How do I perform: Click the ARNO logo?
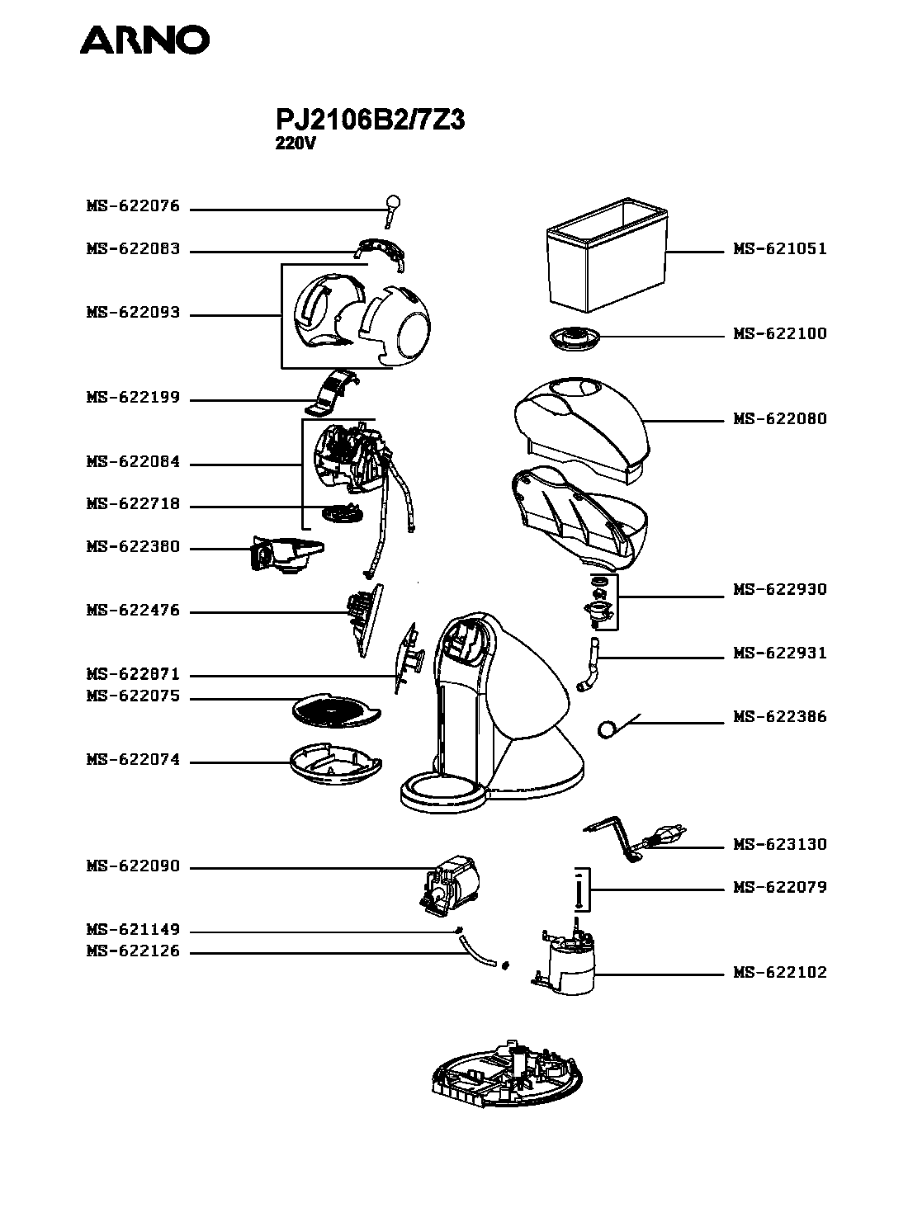pyautogui.click(x=144, y=40)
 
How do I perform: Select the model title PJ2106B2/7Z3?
pyautogui.click(x=370, y=119)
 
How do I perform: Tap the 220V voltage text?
pyautogui.click(x=296, y=144)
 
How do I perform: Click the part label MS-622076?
pyautogui.click(x=134, y=206)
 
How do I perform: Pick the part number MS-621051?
pyautogui.click(x=780, y=248)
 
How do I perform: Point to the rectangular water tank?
pyautogui.click(x=607, y=254)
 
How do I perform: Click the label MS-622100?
pyautogui.click(x=780, y=333)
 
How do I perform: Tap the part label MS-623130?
pyautogui.click(x=780, y=844)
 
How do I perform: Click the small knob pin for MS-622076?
pyautogui.click(x=392, y=210)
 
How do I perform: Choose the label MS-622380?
pyautogui.click(x=134, y=546)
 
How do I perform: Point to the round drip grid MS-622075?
pyautogui.click(x=336, y=711)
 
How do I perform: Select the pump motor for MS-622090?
pyautogui.click(x=449, y=885)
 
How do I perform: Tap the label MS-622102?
pyautogui.click(x=780, y=972)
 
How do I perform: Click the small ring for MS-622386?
pyautogui.click(x=606, y=730)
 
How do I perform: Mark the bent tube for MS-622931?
pyautogui.click(x=589, y=664)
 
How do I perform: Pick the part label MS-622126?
pyautogui.click(x=134, y=951)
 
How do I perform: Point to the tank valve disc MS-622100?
pyautogui.click(x=575, y=337)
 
